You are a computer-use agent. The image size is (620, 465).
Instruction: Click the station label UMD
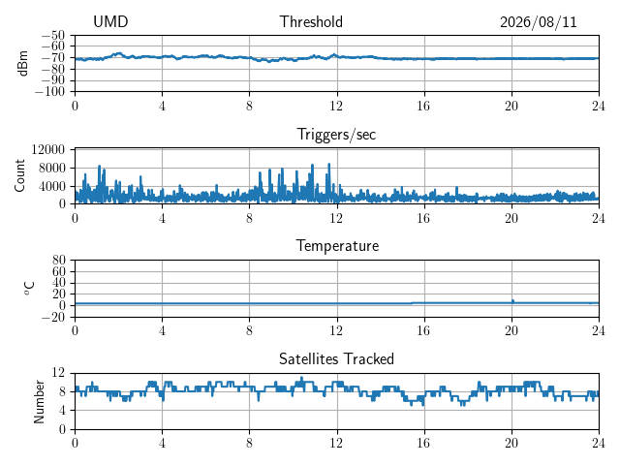tap(110, 21)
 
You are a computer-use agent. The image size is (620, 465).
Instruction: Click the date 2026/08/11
tap(539, 22)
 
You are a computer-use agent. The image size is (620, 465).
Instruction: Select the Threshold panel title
tap(311, 21)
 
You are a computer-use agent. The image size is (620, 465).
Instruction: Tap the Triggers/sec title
tap(336, 135)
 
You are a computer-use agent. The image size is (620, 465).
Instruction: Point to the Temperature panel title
tap(337, 246)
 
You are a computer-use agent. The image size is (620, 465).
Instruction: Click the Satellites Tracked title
tap(336, 358)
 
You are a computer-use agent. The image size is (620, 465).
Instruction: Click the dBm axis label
tap(23, 63)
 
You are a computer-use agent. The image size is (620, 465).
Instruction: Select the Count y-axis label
tap(19, 175)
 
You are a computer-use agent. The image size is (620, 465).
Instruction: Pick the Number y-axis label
tap(39, 402)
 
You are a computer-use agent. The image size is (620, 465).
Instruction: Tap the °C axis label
tap(30, 289)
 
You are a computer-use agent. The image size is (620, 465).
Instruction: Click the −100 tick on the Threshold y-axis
tap(49, 92)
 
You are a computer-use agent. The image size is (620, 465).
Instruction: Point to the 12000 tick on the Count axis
tap(48, 149)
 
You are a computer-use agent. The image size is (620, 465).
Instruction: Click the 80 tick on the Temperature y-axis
tap(58, 260)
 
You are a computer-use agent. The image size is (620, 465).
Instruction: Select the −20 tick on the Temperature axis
tap(54, 317)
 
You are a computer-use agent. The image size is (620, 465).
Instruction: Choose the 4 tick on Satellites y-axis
tap(62, 411)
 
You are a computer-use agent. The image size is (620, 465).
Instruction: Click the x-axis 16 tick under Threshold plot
tap(423, 106)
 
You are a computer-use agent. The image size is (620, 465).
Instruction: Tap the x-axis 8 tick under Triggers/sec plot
tap(249, 218)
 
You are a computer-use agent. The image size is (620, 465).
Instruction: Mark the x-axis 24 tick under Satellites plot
tap(599, 444)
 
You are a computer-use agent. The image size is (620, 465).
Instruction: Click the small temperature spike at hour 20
tap(512, 301)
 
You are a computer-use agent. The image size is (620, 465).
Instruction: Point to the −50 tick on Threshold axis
tap(53, 36)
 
